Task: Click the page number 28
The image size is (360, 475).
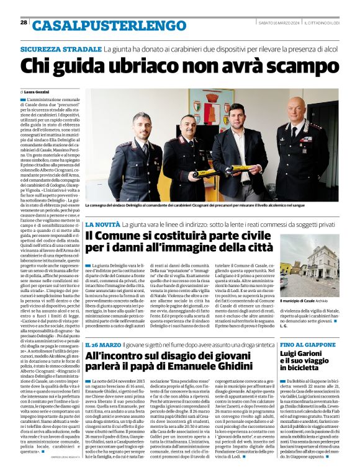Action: [24, 22]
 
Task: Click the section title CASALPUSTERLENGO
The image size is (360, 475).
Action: [104, 25]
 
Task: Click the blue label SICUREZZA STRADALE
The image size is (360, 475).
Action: [60, 48]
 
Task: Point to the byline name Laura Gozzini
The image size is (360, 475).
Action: [39, 91]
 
